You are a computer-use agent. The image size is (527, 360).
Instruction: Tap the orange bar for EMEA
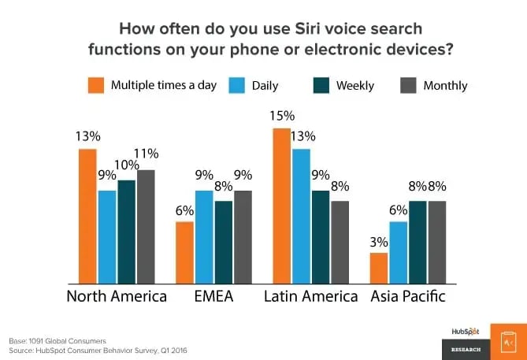click(x=184, y=252)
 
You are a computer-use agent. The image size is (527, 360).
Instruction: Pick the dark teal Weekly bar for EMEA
click(x=224, y=242)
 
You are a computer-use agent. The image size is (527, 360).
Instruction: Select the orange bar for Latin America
click(x=281, y=205)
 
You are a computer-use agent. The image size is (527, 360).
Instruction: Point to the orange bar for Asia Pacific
click(x=379, y=268)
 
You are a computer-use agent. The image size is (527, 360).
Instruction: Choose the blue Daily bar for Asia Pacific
click(x=398, y=252)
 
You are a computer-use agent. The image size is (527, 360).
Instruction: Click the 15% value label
click(x=280, y=116)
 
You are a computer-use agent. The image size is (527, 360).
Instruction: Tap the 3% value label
click(x=379, y=240)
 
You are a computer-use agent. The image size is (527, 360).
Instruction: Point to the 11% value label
click(x=147, y=154)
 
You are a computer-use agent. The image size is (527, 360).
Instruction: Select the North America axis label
click(x=117, y=297)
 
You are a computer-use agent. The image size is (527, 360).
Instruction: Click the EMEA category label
click(x=213, y=297)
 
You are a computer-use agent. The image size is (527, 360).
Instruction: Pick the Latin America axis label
click(x=310, y=297)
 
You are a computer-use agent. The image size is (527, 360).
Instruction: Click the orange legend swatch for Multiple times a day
click(x=95, y=85)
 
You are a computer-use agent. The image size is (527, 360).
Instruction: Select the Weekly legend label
click(x=355, y=85)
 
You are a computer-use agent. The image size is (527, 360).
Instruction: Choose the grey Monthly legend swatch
click(x=408, y=85)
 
